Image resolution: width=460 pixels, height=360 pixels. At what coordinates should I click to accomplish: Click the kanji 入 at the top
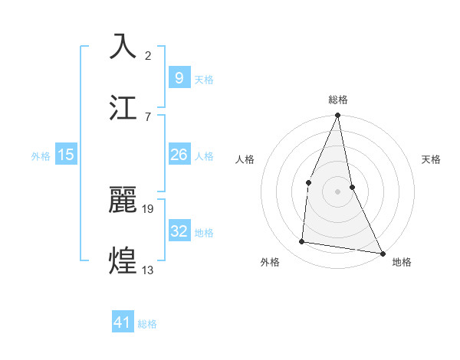tap(123, 45)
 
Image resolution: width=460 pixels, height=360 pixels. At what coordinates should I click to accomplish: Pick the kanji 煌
tap(123, 260)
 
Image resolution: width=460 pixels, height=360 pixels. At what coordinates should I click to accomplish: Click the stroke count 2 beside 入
tap(147, 55)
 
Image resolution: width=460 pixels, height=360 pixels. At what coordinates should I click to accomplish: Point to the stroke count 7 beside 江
tap(147, 116)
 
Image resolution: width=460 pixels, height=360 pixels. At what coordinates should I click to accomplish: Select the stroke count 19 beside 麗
tap(149, 208)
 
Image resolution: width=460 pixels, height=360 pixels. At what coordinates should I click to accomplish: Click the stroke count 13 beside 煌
tap(149, 270)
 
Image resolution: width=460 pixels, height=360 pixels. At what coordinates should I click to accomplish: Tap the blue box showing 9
tap(179, 77)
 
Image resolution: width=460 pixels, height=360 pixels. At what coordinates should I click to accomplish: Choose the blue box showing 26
tap(179, 155)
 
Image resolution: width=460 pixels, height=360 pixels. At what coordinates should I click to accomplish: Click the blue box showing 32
tap(179, 231)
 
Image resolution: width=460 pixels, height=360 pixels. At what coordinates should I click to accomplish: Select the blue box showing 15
tap(65, 155)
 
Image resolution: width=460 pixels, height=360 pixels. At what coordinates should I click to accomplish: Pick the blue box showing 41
tap(123, 322)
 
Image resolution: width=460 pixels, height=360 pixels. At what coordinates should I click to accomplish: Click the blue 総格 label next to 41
tap(147, 324)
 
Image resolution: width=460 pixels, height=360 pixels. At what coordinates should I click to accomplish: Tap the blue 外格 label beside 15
tap(41, 156)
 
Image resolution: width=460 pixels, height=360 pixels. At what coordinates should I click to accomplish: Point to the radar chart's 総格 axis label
tap(337, 100)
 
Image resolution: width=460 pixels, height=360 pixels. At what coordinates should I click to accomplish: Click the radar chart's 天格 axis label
tap(431, 159)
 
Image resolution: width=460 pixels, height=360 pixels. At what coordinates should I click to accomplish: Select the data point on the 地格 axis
tap(382, 253)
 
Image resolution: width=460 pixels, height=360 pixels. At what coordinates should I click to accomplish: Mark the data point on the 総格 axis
tap(337, 116)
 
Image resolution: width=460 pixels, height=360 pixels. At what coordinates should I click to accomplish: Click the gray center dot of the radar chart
tap(337, 191)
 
